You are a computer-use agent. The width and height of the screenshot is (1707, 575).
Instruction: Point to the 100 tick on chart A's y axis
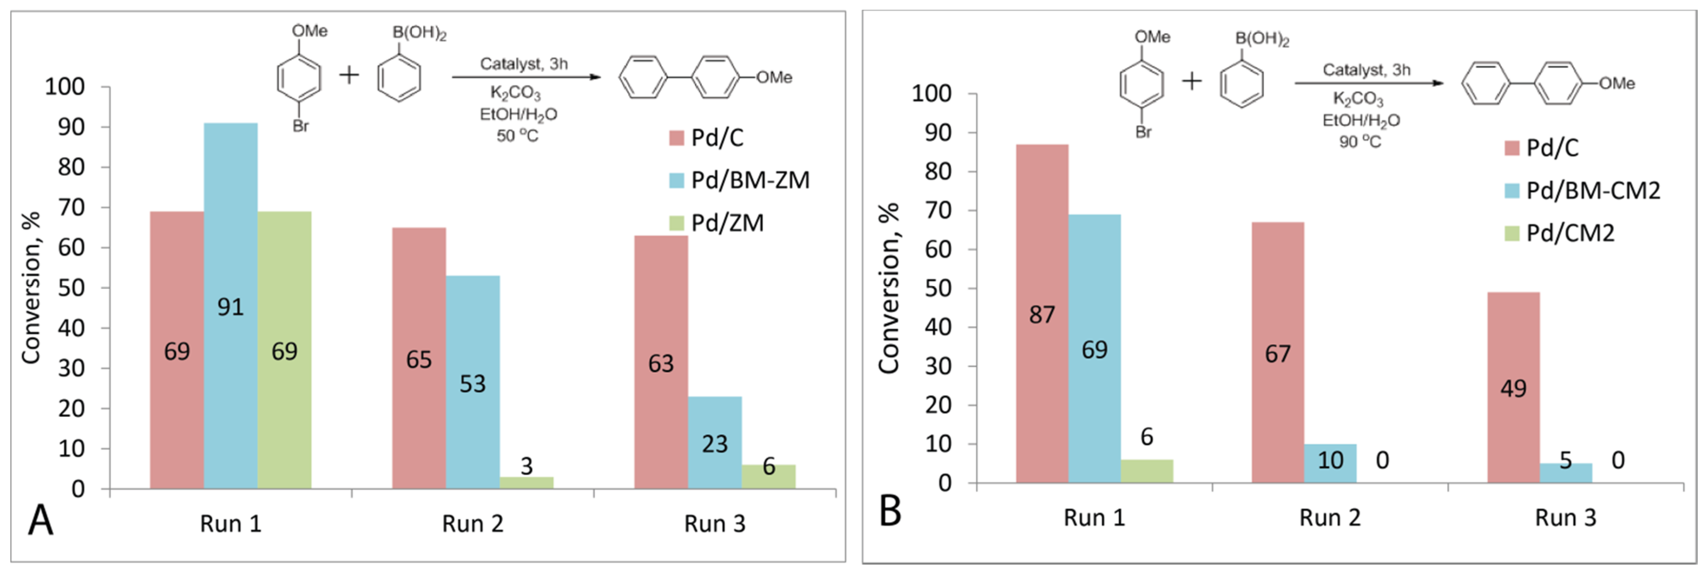coord(65,87)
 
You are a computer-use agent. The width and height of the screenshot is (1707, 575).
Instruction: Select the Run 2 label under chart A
coord(473,524)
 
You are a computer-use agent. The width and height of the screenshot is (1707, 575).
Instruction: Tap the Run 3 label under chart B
coord(1565,517)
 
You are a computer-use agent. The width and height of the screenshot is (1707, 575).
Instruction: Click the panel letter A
coord(40,521)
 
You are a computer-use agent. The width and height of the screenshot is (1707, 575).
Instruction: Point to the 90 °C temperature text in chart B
coord(1360,142)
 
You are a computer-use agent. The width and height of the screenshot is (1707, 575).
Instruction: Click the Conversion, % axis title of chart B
coord(889,289)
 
